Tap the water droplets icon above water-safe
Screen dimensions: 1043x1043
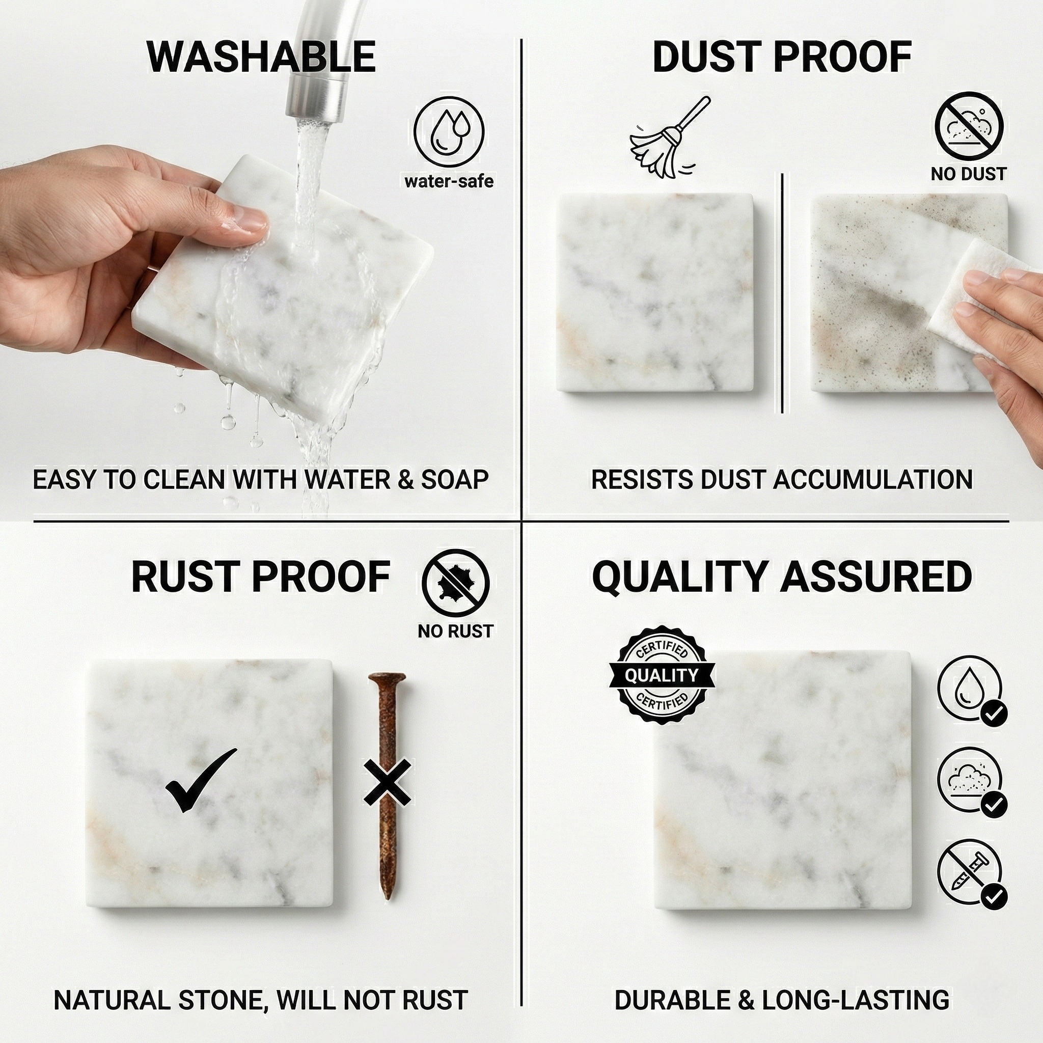449,131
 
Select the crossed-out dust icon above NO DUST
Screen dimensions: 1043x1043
969,126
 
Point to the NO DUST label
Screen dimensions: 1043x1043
969,174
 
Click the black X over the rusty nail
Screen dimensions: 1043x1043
388,781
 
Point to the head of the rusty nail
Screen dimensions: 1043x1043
387,678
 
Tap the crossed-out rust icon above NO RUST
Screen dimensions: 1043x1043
455,583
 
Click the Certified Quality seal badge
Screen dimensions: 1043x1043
662,675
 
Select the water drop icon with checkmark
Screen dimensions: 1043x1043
972,691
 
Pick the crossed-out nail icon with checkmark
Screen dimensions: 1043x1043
972,873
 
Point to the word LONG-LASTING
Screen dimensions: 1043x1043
856,985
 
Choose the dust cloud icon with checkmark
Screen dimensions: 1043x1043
972,782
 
